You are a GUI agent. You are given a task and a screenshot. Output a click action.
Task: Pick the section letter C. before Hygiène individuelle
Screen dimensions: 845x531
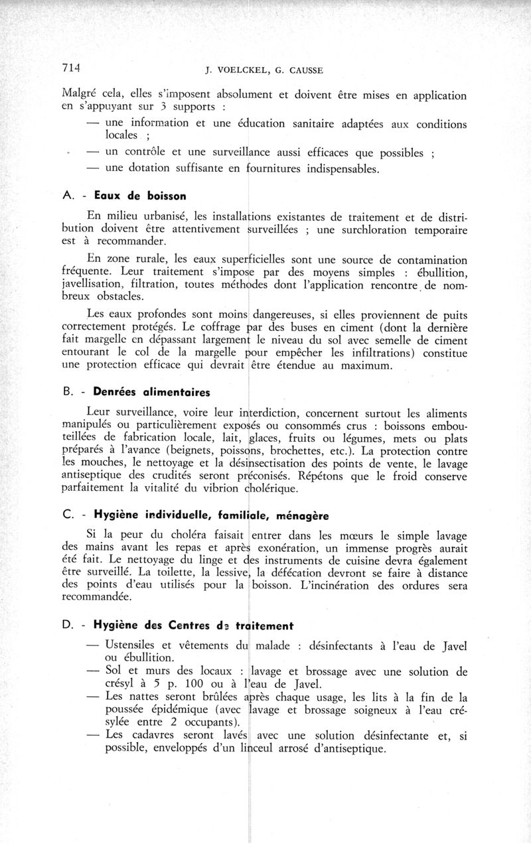68,515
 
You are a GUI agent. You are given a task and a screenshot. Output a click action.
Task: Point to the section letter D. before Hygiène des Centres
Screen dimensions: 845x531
68,624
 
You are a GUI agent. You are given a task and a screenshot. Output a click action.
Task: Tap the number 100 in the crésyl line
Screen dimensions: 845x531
177,684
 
